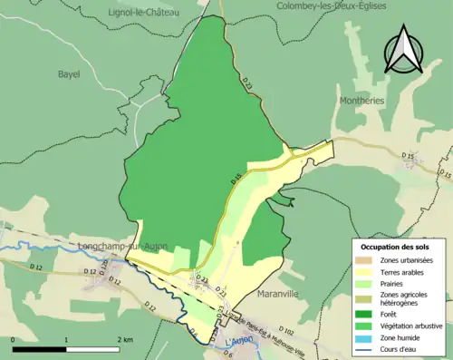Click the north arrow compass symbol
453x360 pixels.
[x=403, y=49]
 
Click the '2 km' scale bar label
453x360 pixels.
[x=125, y=339]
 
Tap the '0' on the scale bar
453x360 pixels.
[x=14, y=339]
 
